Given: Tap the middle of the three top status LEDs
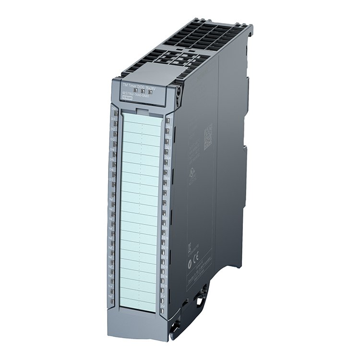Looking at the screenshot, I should pyautogui.click(x=143, y=89).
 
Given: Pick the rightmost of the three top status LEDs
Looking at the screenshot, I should pyautogui.click(x=149, y=90).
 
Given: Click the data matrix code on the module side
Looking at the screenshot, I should pyautogui.click(x=208, y=137).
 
